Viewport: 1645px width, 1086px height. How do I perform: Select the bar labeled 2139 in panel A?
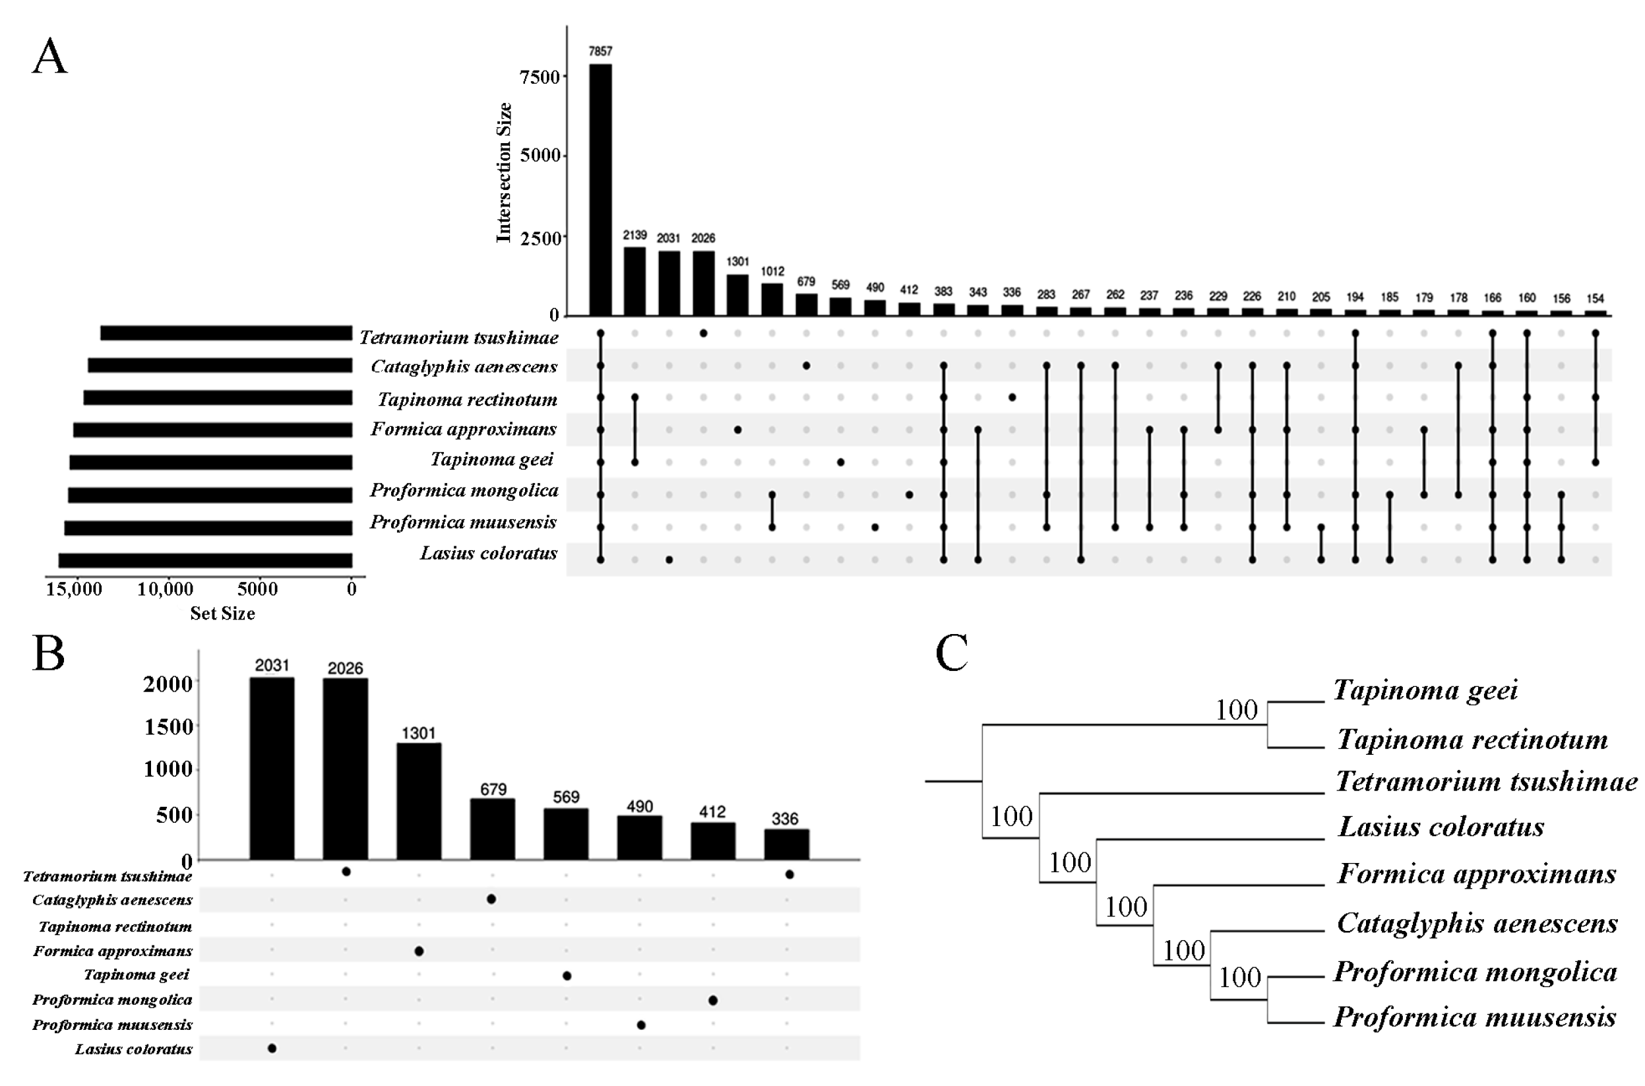[634, 280]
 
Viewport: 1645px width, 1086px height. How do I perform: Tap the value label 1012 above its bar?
[772, 272]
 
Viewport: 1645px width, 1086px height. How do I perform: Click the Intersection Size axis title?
[504, 173]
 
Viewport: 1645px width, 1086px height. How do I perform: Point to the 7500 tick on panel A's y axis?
[540, 77]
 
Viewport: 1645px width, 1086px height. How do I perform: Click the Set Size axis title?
[222, 614]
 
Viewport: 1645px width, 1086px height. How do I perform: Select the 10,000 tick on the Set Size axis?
[165, 589]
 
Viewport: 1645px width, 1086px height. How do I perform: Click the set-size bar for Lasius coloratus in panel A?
[205, 560]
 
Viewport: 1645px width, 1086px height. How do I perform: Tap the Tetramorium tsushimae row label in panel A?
[458, 337]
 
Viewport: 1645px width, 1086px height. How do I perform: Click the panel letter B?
[48, 654]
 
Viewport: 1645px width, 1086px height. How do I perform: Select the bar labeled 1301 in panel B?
[418, 802]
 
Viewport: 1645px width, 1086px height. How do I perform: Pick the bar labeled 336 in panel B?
[786, 845]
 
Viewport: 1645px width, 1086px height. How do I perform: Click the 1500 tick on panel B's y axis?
[168, 726]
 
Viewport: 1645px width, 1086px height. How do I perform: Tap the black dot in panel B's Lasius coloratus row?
[272, 1048]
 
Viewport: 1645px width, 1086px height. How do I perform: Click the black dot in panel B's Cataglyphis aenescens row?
[491, 899]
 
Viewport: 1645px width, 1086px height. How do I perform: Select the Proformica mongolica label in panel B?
[112, 1000]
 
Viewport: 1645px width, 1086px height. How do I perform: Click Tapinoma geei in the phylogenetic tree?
[1425, 690]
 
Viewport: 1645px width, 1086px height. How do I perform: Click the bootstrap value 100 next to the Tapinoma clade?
[1237, 710]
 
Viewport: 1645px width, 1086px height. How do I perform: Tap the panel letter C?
[951, 653]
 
